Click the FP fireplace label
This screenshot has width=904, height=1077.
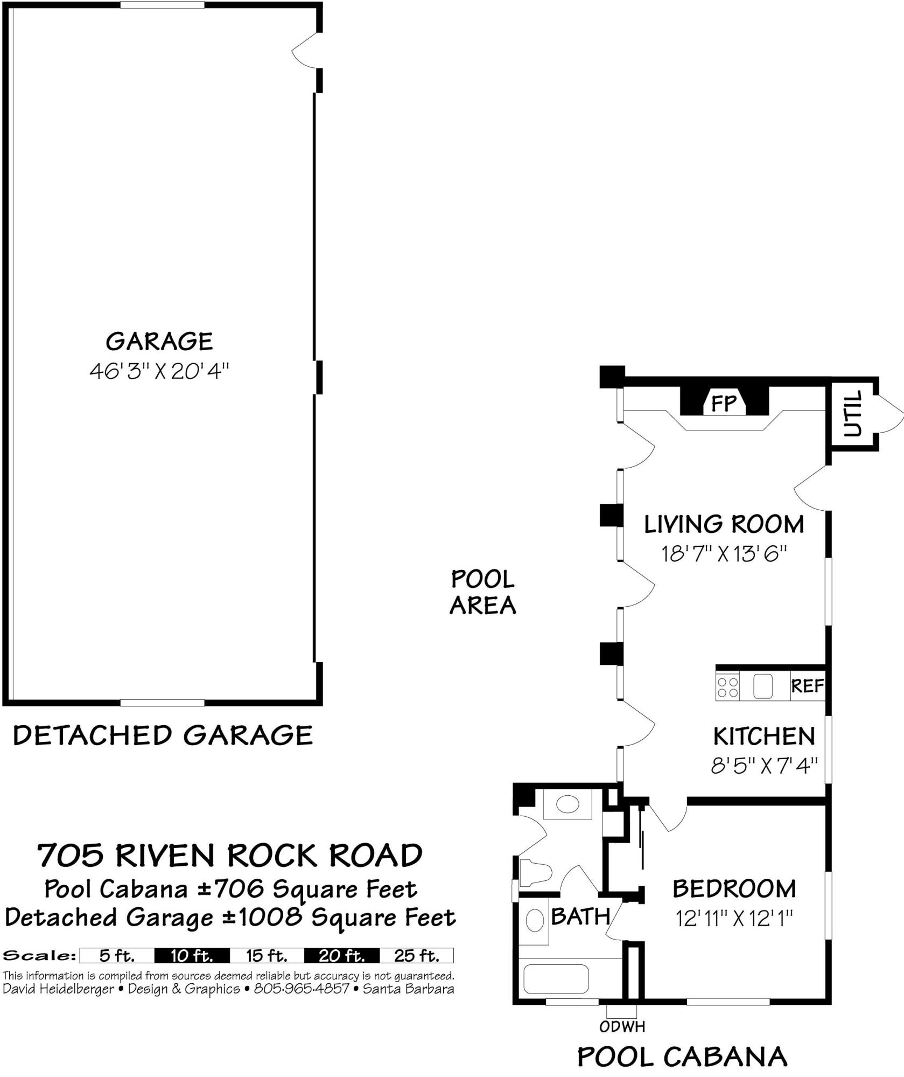point(724,403)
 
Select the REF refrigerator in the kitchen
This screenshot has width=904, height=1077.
point(807,686)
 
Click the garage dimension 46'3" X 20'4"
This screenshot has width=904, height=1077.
point(159,371)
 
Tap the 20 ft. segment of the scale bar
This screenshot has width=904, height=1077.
point(341,956)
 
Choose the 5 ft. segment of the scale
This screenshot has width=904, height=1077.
point(117,956)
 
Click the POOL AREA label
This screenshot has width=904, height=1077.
point(482,593)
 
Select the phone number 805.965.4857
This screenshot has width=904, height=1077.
point(302,989)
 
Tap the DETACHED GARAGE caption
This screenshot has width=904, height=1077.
point(163,735)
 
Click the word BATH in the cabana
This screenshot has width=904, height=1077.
point(580,916)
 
